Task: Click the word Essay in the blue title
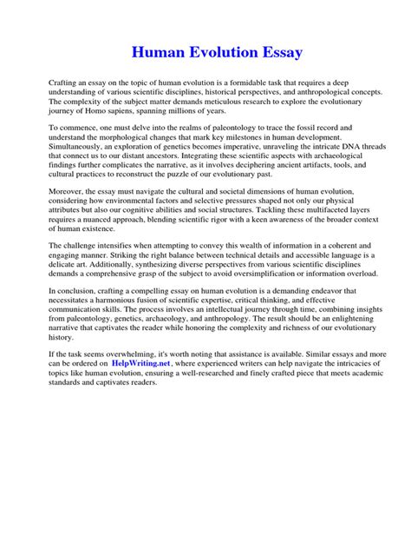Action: click(276, 53)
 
